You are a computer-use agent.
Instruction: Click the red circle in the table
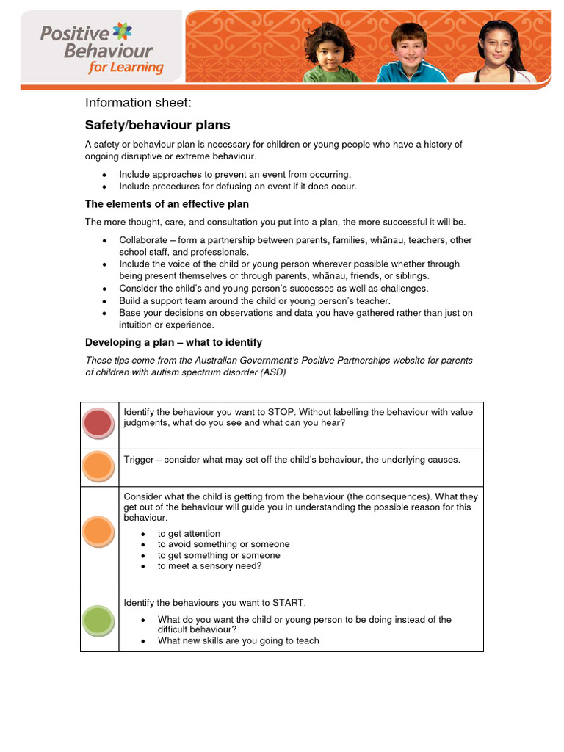[x=98, y=424]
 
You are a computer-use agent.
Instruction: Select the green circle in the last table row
[x=98, y=621]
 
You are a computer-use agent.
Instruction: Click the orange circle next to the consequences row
[x=98, y=531]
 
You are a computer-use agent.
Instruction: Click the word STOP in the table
[x=281, y=412]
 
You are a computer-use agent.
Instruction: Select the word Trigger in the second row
[x=139, y=460]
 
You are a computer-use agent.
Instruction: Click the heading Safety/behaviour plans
[x=157, y=125]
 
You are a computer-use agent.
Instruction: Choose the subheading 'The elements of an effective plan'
[x=167, y=204]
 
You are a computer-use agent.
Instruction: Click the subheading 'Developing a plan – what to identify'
[x=173, y=342]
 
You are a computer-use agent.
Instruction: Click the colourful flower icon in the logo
[x=124, y=32]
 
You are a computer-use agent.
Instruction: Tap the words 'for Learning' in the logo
[x=126, y=68]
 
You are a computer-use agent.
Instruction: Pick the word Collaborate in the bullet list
[x=143, y=240]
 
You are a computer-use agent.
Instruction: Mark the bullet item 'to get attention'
[x=189, y=533]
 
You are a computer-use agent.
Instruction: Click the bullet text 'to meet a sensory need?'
[x=209, y=566]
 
